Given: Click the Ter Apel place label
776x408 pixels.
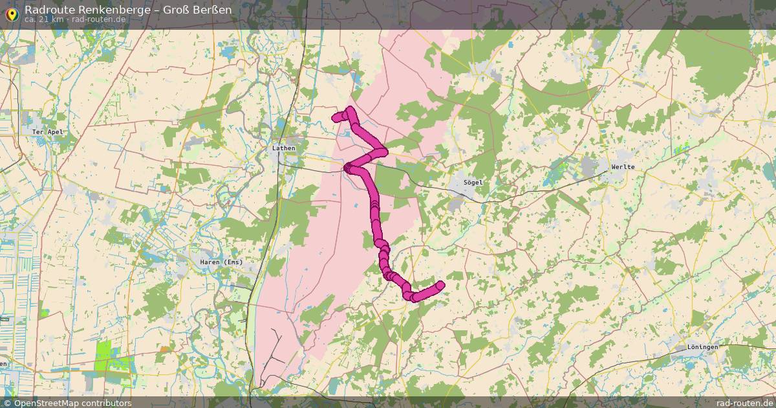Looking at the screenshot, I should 47,131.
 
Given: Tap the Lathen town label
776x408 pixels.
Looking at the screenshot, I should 284,148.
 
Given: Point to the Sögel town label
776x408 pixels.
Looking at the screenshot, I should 473,183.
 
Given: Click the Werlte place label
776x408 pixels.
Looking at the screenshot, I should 623,167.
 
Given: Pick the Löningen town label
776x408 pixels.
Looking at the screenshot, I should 703,347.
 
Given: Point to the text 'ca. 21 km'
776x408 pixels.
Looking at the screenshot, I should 43,19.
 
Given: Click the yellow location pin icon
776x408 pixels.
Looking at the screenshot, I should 11,12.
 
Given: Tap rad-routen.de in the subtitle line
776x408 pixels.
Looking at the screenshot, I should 98,19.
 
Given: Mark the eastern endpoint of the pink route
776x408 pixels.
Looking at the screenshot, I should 440,285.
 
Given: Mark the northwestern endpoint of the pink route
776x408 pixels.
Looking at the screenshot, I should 336,117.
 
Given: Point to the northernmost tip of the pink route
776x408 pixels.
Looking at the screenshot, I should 350,109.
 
